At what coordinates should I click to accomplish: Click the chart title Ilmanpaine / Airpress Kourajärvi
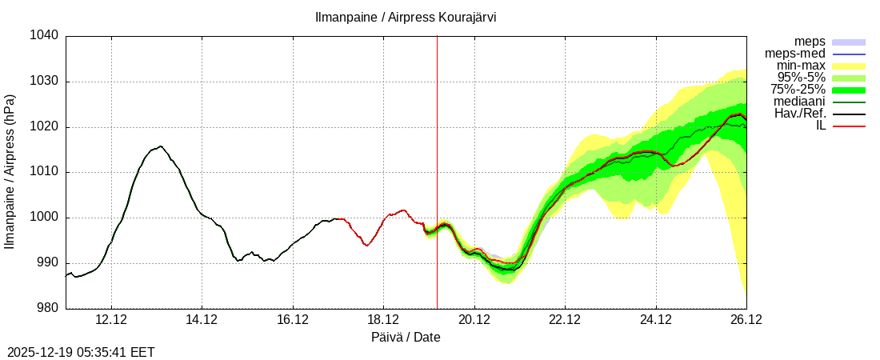pyautogui.click(x=405, y=18)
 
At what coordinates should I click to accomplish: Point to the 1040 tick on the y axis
pyautogui.click(x=45, y=36)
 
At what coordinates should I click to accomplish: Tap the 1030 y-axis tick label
pyautogui.click(x=45, y=82)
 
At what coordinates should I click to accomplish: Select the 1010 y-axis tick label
pyautogui.click(x=45, y=172)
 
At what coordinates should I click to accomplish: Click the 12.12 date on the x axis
pyautogui.click(x=111, y=320)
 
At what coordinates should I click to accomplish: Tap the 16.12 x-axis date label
pyautogui.click(x=293, y=320)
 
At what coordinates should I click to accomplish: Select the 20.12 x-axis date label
pyautogui.click(x=474, y=320)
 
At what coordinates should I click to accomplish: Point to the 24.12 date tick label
pyautogui.click(x=656, y=320)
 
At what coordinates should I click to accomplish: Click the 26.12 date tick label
pyautogui.click(x=746, y=320)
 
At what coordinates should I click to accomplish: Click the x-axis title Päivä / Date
pyautogui.click(x=406, y=338)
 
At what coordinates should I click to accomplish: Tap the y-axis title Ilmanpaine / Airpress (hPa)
pyautogui.click(x=10, y=172)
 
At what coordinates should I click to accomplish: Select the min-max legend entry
pyautogui.click(x=801, y=66)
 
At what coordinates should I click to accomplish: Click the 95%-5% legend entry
pyautogui.click(x=802, y=78)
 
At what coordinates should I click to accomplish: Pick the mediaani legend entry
pyautogui.click(x=799, y=102)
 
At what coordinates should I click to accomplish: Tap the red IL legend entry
pyautogui.click(x=820, y=126)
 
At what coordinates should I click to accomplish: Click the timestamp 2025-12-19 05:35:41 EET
pyautogui.click(x=81, y=352)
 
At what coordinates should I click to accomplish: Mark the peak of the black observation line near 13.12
pyautogui.click(x=161, y=146)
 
